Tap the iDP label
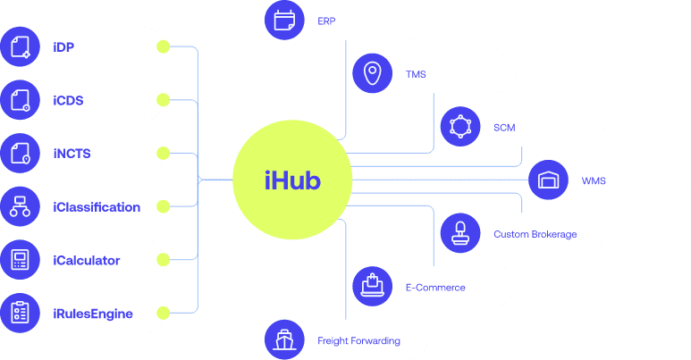tap(63, 46)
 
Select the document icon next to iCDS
tap(21, 100)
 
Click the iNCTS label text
tap(72, 154)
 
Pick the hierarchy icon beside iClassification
tap(21, 207)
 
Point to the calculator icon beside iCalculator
tap(21, 260)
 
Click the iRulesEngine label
tap(93, 314)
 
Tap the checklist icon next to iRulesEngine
tap(21, 314)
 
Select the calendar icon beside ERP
tap(285, 20)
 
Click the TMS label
tap(416, 74)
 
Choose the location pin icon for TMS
tap(373, 74)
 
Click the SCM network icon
tap(460, 127)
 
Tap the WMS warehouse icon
tap(548, 180)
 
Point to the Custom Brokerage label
tap(535, 234)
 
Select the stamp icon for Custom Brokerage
tap(460, 234)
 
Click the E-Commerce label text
tap(435, 288)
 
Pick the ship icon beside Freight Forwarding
tap(285, 340)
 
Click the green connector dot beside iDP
tap(163, 46)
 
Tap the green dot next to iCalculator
tap(163, 260)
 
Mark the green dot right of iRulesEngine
tap(163, 314)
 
